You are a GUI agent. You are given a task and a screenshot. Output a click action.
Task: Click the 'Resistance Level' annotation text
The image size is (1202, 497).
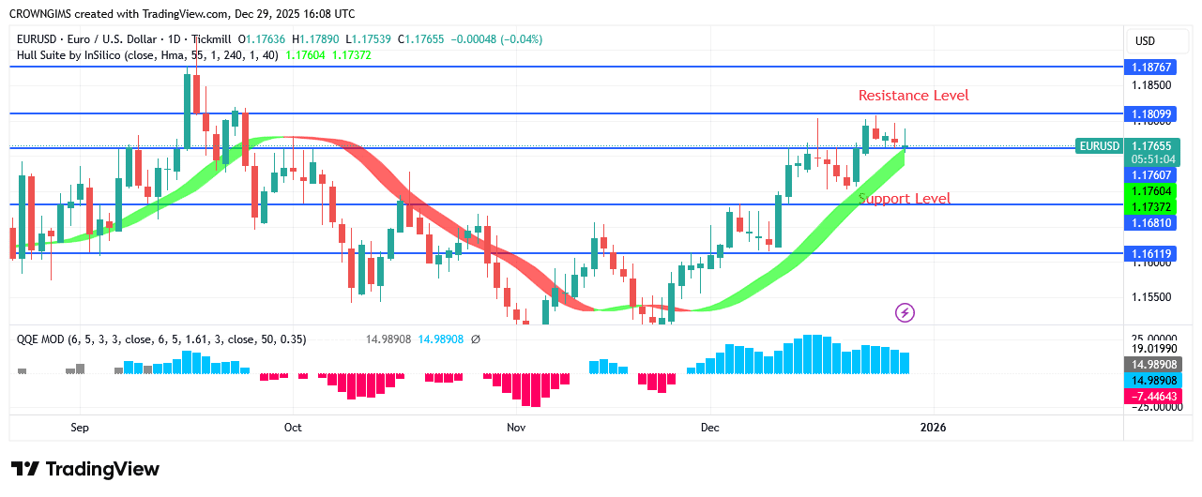click(913, 96)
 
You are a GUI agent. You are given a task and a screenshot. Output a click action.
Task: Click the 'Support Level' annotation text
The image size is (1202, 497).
click(905, 199)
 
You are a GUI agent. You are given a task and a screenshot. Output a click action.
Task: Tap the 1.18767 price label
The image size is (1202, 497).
click(1150, 68)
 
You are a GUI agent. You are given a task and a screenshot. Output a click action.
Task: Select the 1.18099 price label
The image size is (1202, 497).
click(1150, 113)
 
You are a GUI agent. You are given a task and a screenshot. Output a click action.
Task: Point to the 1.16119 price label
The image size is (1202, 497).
click(1150, 253)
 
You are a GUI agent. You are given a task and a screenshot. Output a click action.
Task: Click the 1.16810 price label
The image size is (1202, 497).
click(1150, 222)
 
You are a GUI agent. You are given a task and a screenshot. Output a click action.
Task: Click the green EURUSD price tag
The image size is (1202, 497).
click(1099, 146)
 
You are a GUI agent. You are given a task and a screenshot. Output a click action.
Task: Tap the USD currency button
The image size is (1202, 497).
click(1145, 41)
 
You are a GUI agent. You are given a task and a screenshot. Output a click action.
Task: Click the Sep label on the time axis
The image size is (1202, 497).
click(80, 428)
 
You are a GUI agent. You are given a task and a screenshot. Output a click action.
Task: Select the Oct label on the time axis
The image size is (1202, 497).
click(293, 428)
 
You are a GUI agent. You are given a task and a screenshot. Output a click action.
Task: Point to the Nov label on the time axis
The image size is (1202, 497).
click(516, 428)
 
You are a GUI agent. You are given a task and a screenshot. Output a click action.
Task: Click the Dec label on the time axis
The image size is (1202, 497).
click(709, 428)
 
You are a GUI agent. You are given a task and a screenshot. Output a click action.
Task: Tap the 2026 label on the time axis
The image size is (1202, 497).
click(933, 428)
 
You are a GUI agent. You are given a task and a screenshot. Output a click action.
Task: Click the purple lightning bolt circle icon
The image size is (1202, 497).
click(905, 312)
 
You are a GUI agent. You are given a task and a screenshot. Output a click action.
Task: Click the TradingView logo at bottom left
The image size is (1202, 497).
click(85, 469)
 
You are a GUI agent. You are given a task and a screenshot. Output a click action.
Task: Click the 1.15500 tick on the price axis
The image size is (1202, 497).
click(1150, 297)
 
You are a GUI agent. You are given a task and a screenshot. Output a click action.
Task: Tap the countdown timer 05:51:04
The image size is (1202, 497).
click(1150, 159)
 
